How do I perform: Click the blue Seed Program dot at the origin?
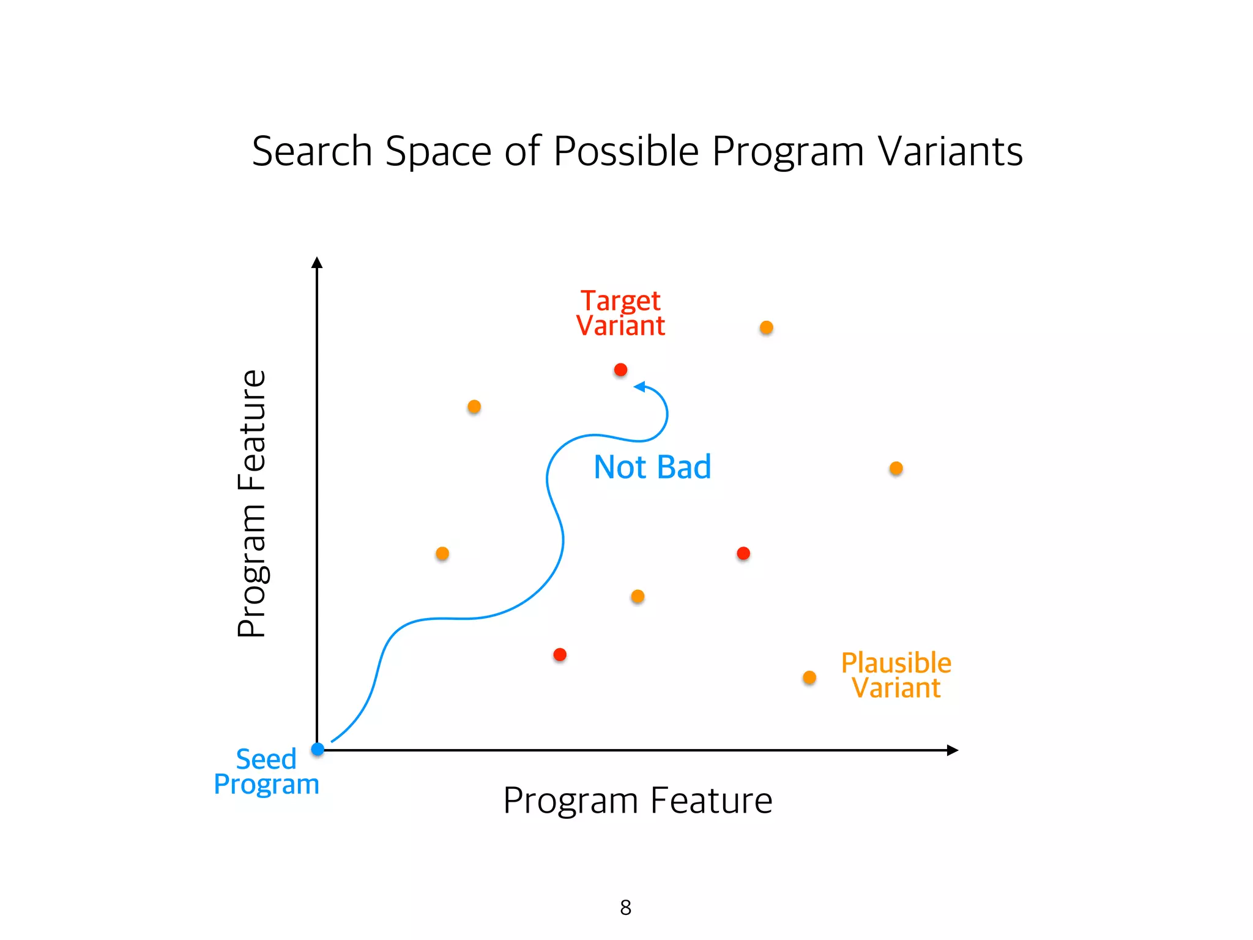pyautogui.click(x=318, y=749)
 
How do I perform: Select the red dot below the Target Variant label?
pyautogui.click(x=620, y=370)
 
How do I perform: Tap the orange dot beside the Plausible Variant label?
pyautogui.click(x=809, y=677)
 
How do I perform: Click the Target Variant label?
pyautogui.click(x=620, y=313)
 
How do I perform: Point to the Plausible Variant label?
pyautogui.click(x=896, y=676)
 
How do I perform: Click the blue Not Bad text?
pyautogui.click(x=652, y=467)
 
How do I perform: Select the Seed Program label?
pyautogui.click(x=267, y=772)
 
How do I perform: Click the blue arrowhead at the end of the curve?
pyautogui.click(x=640, y=386)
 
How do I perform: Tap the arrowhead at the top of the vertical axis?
pyautogui.click(x=317, y=263)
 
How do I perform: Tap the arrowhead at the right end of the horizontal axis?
pyautogui.click(x=952, y=750)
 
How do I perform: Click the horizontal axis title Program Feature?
pyautogui.click(x=638, y=800)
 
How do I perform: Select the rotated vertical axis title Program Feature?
pyautogui.click(x=251, y=504)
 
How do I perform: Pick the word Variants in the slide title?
pyautogui.click(x=950, y=151)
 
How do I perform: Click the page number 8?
pyautogui.click(x=625, y=907)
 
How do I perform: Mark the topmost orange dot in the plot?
pyautogui.click(x=766, y=327)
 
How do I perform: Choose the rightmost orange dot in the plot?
pyautogui.click(x=896, y=468)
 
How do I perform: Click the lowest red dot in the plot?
pyautogui.click(x=560, y=655)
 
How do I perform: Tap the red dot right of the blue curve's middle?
pyautogui.click(x=743, y=553)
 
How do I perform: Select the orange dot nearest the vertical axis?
pyautogui.click(x=442, y=553)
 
